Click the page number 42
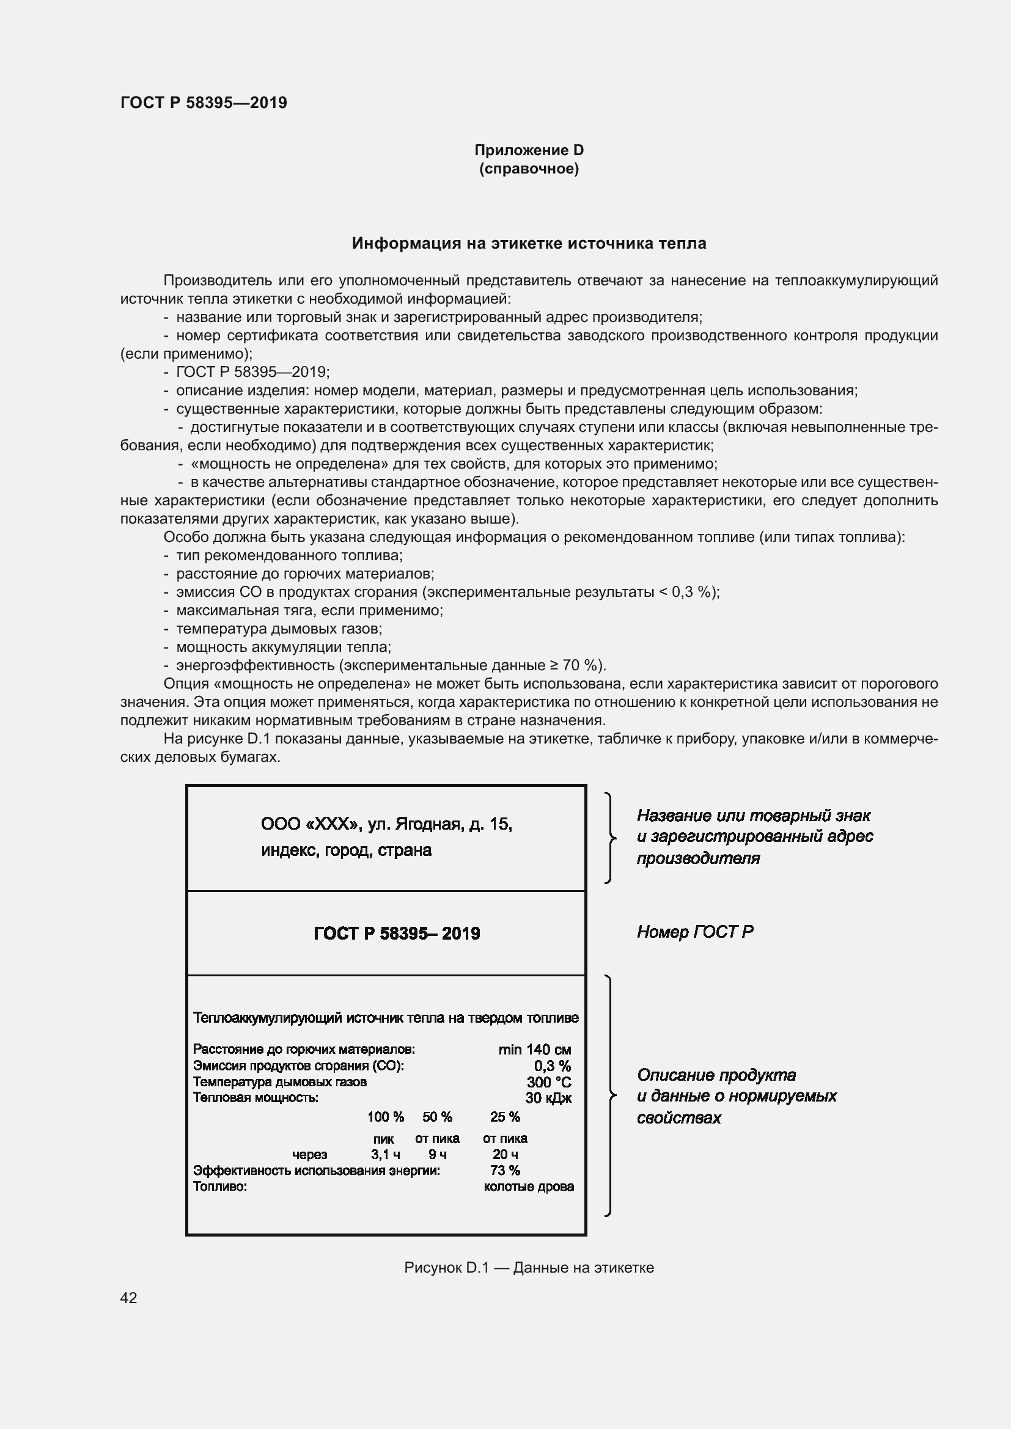[128, 1298]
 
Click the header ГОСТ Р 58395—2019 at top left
[204, 103]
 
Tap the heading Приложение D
[529, 150]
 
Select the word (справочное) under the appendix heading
[529, 169]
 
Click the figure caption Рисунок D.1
[529, 1268]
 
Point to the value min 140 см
[534, 1050]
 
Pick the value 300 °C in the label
[548, 1082]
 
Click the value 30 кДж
[548, 1098]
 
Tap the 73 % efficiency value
[505, 1170]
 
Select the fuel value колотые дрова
[529, 1186]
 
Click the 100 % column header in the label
[385, 1117]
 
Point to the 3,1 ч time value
[385, 1155]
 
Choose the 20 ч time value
[505, 1155]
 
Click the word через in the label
[309, 1155]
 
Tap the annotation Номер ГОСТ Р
[695, 932]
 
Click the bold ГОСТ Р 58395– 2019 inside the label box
[397, 933]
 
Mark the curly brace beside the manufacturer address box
[610, 838]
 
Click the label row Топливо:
[220, 1186]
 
